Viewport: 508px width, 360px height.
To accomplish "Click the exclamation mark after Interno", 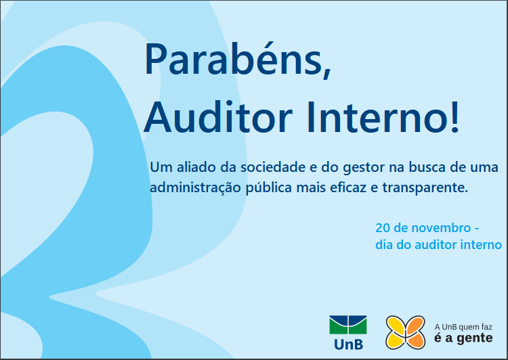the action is (x=455, y=116).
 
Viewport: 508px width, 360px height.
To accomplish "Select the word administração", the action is (x=195, y=187).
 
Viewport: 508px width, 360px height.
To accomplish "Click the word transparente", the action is (x=425, y=187).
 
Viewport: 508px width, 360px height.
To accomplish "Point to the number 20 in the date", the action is (x=383, y=228).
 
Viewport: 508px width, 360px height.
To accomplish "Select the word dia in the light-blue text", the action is (x=384, y=245).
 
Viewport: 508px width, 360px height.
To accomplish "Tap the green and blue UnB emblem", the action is (x=348, y=325).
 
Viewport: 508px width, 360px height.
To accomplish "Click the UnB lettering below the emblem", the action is (x=348, y=344).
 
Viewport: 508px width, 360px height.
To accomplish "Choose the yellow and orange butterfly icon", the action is (x=405, y=332).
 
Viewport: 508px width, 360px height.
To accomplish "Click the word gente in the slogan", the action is (x=475, y=338).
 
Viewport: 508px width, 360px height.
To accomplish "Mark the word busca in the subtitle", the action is (x=427, y=167).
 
